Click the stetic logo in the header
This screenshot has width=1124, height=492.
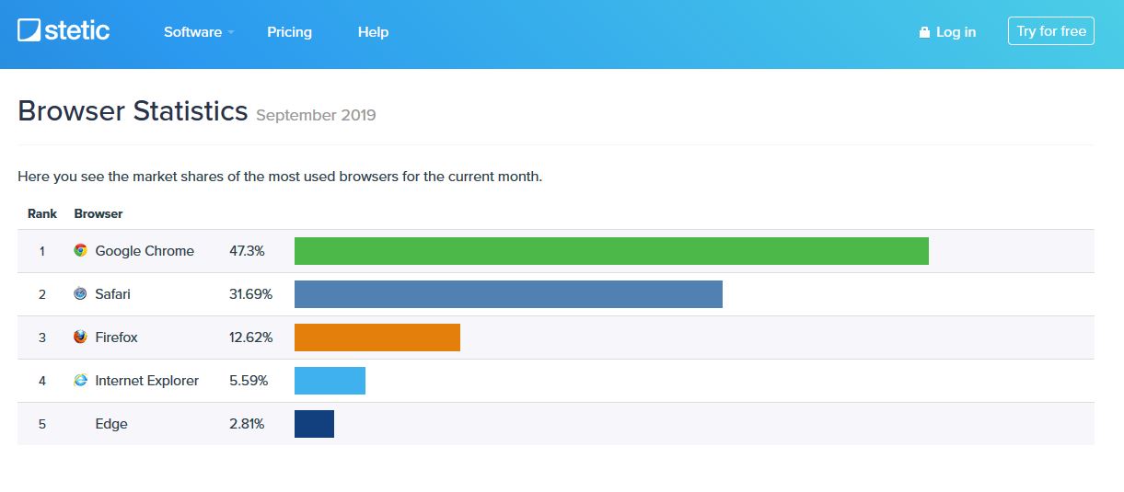(x=64, y=30)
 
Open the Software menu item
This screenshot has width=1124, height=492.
(x=193, y=32)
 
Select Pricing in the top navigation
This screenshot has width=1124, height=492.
(x=289, y=32)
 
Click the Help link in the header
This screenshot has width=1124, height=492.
(x=373, y=32)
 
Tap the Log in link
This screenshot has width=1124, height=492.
(x=947, y=32)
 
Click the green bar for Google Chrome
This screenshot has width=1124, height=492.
(x=611, y=251)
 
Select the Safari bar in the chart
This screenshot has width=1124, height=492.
(x=508, y=294)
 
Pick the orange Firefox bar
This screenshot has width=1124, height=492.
(x=377, y=338)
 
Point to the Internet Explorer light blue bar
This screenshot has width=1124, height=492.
(x=330, y=381)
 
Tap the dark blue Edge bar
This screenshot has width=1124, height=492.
(x=314, y=424)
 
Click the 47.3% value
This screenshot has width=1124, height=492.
(x=248, y=251)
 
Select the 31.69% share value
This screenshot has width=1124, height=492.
(x=250, y=294)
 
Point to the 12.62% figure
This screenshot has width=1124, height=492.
(x=250, y=338)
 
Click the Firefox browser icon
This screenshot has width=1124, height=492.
(x=80, y=338)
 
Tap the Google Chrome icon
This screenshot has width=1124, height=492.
(x=80, y=251)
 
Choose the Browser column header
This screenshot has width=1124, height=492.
(x=98, y=213)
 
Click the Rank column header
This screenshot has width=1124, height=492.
(x=42, y=213)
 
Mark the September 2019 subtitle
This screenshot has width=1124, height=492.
(x=316, y=116)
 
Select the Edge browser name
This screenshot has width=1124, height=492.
(x=111, y=424)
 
